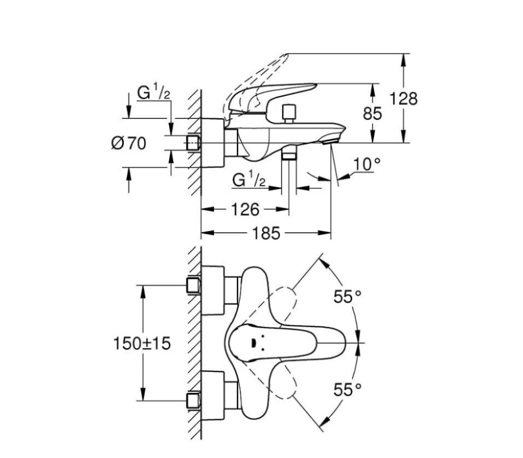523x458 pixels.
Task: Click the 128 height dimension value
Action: click(x=404, y=99)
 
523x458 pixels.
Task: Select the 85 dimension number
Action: click(x=372, y=113)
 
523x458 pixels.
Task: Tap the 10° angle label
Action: click(x=366, y=164)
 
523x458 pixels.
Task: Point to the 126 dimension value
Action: click(x=245, y=209)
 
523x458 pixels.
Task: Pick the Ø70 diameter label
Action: click(x=129, y=144)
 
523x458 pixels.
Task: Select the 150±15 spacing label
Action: click(x=142, y=343)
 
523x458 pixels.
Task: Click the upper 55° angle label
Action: click(x=348, y=296)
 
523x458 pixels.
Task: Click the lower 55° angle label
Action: click(x=348, y=390)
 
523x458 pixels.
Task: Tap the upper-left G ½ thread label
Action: click(x=154, y=93)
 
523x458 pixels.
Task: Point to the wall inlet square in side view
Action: click(x=193, y=142)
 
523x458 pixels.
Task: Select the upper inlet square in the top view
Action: click(x=193, y=285)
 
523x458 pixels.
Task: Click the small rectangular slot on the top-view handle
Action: click(x=252, y=343)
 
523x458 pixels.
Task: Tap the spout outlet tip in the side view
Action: click(x=330, y=141)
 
